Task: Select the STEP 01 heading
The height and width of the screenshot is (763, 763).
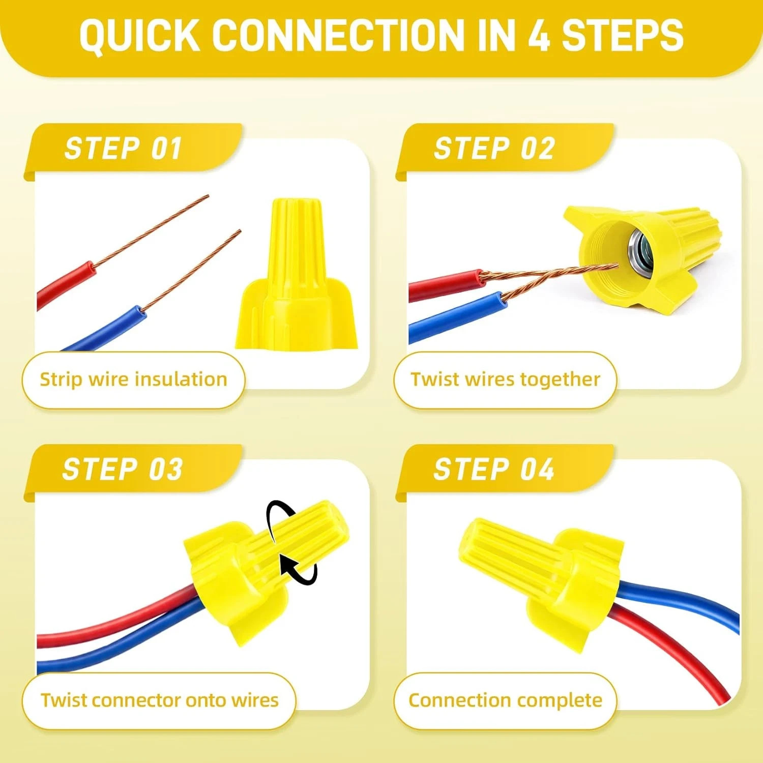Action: (123, 149)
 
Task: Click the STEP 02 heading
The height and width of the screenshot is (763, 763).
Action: (494, 149)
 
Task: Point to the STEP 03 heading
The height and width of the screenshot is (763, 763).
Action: (122, 469)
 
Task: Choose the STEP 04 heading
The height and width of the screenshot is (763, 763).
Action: (493, 469)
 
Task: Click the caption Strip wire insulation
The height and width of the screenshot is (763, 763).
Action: (133, 379)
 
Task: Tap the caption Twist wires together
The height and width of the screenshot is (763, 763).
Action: (506, 379)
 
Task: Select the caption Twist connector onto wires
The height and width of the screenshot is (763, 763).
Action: (160, 700)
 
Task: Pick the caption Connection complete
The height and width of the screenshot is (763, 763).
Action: (506, 700)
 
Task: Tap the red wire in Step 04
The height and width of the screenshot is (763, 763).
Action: (671, 656)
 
